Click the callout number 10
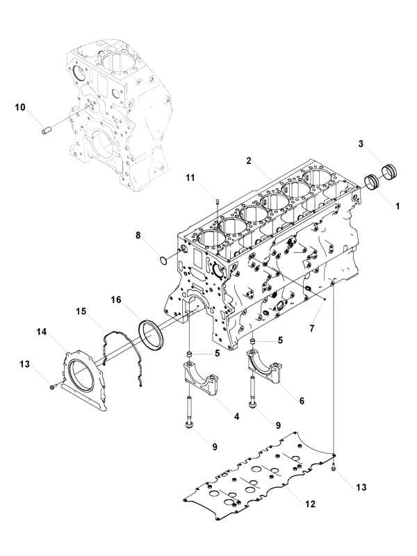[19, 107]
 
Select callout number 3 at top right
[361, 144]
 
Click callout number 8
[138, 236]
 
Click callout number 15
[81, 312]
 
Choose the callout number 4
[236, 416]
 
